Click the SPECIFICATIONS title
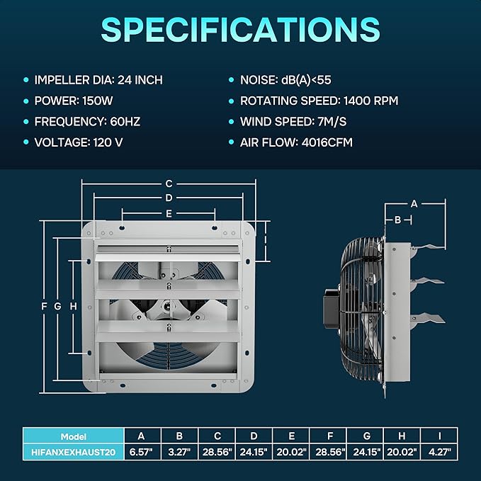click(x=241, y=30)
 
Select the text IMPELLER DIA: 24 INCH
click(x=98, y=80)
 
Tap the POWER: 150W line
click(x=74, y=101)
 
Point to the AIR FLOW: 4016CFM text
click(x=296, y=142)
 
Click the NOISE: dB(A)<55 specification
click(x=285, y=80)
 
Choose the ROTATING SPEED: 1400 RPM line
click(x=319, y=101)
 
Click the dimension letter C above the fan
click(x=169, y=183)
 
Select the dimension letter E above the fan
click(x=169, y=213)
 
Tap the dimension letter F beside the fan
click(x=44, y=306)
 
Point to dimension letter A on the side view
click(x=414, y=204)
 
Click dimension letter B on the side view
click(x=398, y=220)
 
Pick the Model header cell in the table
click(x=73, y=436)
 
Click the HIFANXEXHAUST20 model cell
click(x=73, y=452)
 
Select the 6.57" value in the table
click(x=141, y=452)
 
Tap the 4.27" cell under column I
click(x=440, y=452)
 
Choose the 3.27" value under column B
click(x=179, y=452)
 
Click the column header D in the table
click(x=254, y=436)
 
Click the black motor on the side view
click(x=331, y=309)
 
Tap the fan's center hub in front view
click(x=167, y=306)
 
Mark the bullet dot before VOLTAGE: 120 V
click(x=26, y=142)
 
